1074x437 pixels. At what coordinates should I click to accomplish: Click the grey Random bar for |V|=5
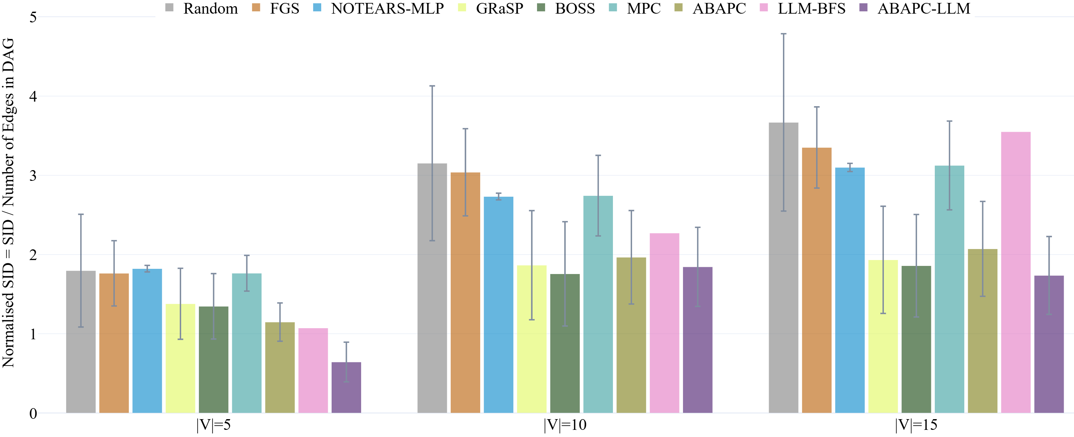click(80, 342)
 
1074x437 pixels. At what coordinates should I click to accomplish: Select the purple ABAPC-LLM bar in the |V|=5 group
click(346, 387)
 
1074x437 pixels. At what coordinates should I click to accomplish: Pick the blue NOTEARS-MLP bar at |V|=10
click(498, 305)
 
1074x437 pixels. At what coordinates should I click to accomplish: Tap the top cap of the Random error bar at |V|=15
click(783, 34)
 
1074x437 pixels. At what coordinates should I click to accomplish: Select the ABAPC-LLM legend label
click(923, 8)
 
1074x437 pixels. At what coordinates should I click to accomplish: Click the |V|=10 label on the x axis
click(565, 425)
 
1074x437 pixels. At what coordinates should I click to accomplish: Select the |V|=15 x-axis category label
click(916, 425)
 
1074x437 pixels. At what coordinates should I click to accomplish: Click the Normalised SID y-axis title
click(8, 203)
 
